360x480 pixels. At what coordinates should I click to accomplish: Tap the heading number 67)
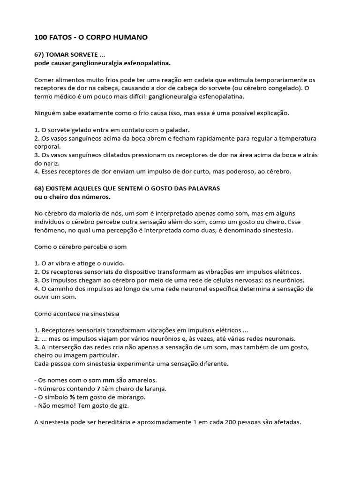click(40, 55)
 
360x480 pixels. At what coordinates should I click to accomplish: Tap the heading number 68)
click(40, 188)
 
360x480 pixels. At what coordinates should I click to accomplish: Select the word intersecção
click(67, 346)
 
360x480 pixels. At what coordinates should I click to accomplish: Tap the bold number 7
click(98, 388)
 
